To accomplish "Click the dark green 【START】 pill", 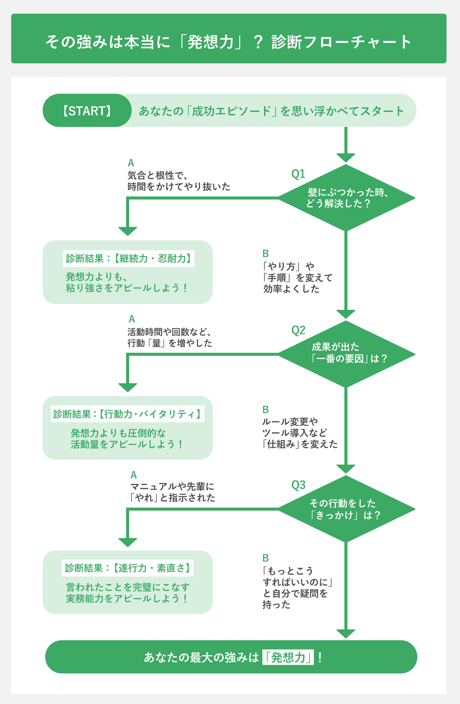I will [87, 111].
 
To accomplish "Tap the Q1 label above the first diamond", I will [298, 174].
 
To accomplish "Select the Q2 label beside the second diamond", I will [298, 330].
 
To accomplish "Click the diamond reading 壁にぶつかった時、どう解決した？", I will [346, 198].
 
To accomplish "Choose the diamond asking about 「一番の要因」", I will [346, 354].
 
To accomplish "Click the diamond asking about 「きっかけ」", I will [346, 509].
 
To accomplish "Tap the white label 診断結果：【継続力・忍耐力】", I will [128, 259].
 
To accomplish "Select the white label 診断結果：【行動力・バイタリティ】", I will [127, 414].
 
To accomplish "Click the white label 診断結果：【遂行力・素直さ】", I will [127, 568].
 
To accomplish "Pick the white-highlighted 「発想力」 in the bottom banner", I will [288, 658].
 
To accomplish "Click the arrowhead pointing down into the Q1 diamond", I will [346, 158].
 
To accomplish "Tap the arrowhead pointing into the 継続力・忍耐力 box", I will [128, 231].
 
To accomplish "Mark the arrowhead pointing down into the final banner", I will [346, 633].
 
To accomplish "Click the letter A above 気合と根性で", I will [131, 163].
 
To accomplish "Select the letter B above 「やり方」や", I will [265, 253].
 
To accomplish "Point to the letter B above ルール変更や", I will [265, 410].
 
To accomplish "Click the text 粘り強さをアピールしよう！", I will [127, 288].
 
